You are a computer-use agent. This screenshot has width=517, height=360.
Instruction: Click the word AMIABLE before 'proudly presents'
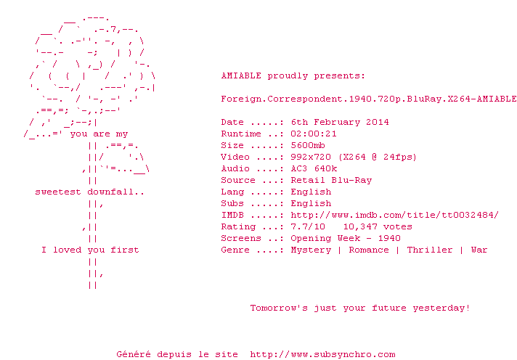[241, 75]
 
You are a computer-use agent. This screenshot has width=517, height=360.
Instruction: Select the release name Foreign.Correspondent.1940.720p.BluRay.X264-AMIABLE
[369, 99]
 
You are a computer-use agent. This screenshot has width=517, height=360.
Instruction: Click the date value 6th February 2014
[340, 123]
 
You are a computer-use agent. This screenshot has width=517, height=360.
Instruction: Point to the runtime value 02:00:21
[314, 134]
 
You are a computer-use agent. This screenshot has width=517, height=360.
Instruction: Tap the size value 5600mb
[308, 145]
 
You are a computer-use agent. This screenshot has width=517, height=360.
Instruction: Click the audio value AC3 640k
[314, 168]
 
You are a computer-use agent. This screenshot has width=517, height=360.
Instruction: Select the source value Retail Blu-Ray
[331, 180]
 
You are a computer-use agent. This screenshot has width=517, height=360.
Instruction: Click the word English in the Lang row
[311, 192]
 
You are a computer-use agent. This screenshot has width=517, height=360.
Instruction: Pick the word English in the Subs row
[311, 203]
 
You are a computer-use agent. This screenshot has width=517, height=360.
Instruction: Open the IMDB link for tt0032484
[395, 215]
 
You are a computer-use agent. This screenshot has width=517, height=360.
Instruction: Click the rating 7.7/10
[308, 226]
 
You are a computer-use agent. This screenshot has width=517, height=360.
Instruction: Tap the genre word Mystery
[311, 250]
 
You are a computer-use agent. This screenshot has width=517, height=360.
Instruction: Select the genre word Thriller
[429, 250]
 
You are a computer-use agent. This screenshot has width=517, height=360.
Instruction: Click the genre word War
[479, 250]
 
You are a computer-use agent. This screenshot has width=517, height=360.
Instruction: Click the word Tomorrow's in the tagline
[279, 308]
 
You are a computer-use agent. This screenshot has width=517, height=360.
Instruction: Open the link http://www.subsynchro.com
[322, 355]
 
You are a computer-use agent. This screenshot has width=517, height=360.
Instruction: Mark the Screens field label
[241, 238]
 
